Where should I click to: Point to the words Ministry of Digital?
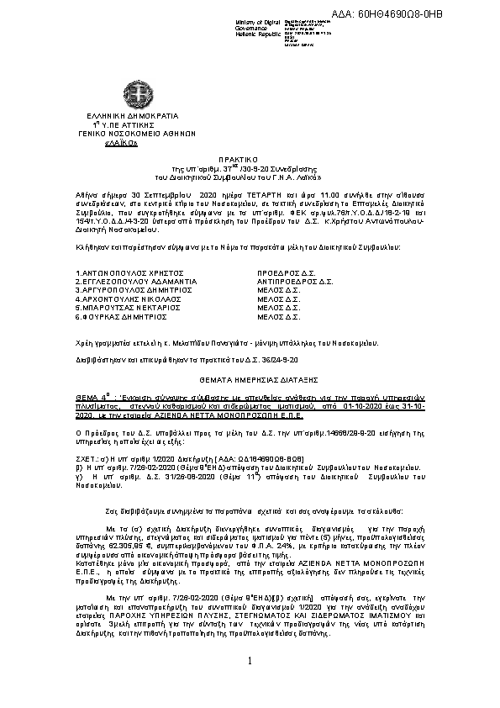pyautogui.click(x=255, y=21)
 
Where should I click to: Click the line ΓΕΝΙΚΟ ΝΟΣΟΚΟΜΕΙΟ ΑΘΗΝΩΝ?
pyautogui.click(x=133, y=135)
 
